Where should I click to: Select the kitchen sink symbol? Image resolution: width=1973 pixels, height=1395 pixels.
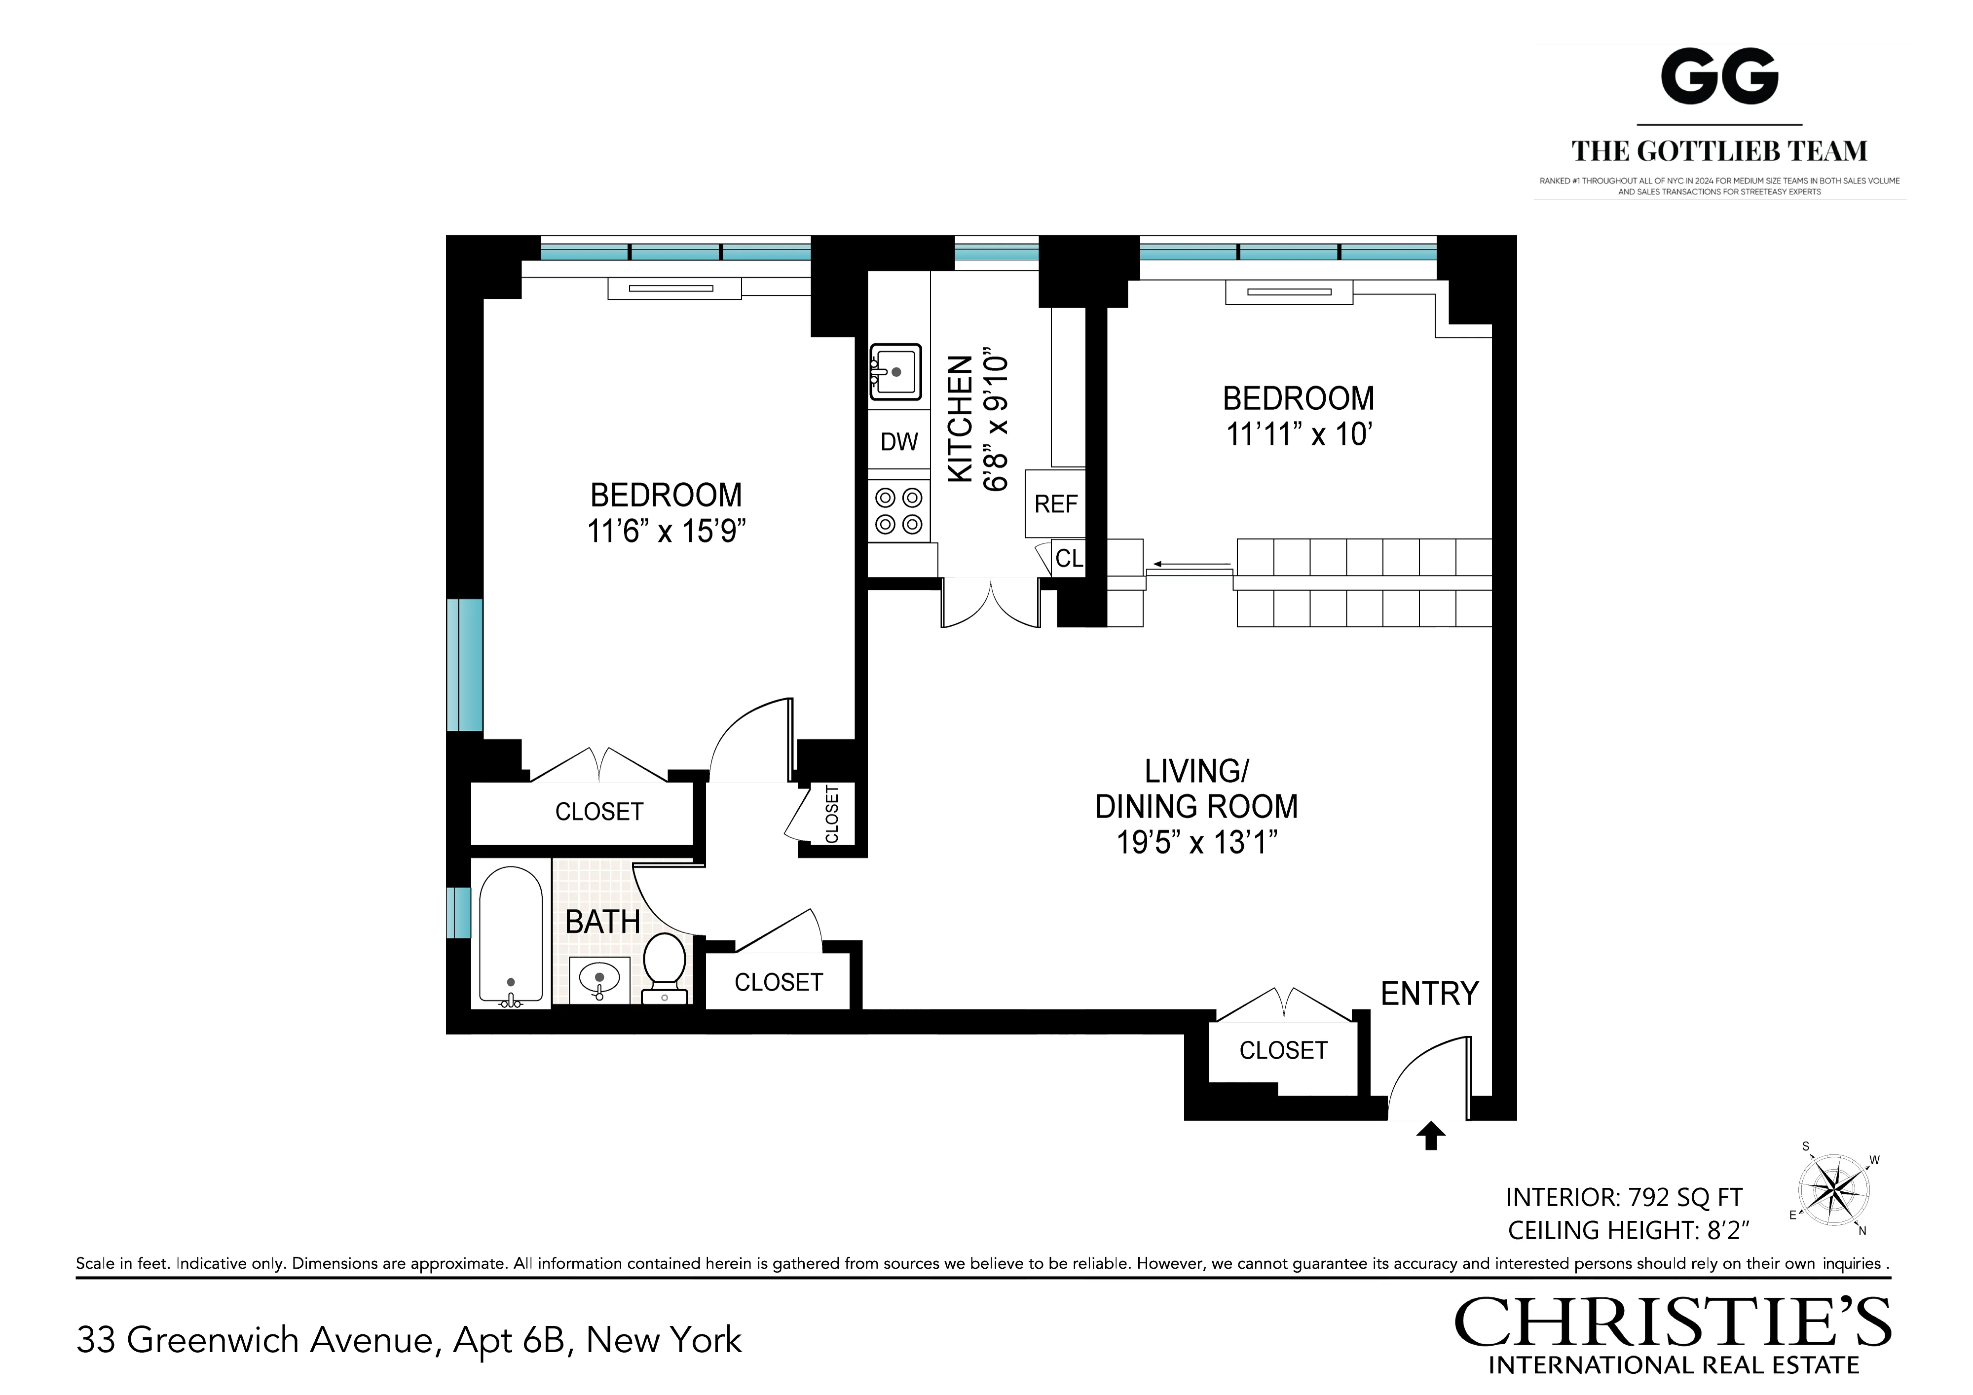tap(895, 372)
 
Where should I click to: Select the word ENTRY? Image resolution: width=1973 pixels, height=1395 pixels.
tap(1429, 994)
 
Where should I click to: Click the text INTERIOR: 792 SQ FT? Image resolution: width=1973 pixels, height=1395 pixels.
tap(1623, 1197)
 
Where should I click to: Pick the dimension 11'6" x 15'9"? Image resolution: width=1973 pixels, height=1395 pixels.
tap(666, 532)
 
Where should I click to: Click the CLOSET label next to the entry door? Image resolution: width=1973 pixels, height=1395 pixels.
tap(1283, 1050)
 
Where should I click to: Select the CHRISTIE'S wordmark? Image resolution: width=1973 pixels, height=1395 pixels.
tap(1672, 1323)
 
